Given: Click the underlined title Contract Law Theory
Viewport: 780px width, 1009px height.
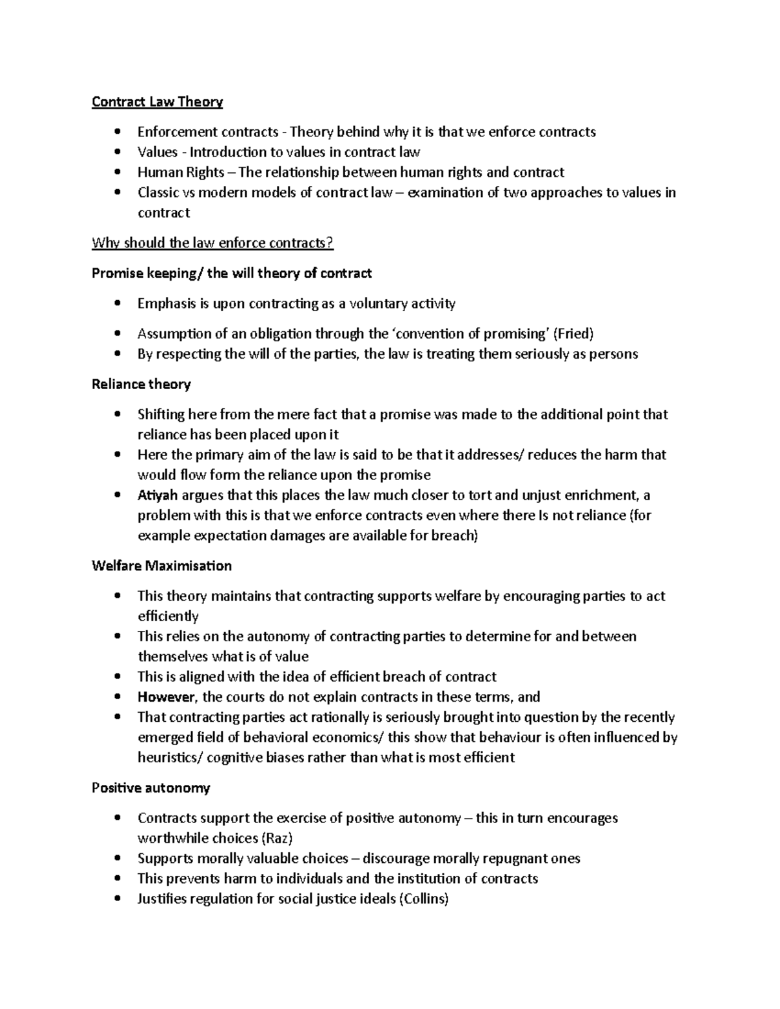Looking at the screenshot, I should [x=157, y=102].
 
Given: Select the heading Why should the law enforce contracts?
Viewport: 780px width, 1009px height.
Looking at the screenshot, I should [x=213, y=243].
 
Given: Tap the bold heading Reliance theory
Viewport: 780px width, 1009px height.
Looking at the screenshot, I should [x=141, y=384].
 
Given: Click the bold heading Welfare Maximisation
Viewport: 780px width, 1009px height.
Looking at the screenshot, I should [x=161, y=566].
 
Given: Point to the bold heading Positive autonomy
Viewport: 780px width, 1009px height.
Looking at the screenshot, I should [x=151, y=788].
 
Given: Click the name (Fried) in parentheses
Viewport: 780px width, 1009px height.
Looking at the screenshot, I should [x=573, y=334].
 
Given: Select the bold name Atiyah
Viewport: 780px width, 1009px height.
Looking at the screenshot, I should [x=157, y=495].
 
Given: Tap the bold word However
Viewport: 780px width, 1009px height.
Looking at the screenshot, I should [x=166, y=697].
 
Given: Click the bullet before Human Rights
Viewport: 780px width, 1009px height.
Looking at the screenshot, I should [x=117, y=172].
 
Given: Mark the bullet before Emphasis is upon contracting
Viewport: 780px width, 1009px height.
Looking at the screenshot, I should [x=117, y=303].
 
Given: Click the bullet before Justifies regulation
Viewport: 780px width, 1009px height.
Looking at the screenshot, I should [x=117, y=899].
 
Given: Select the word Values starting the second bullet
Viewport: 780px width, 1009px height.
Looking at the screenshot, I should [x=157, y=152].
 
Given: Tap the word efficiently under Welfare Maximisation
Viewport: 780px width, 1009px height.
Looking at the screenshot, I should [x=168, y=617].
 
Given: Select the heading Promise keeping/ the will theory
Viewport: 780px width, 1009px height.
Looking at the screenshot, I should [x=231, y=274].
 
